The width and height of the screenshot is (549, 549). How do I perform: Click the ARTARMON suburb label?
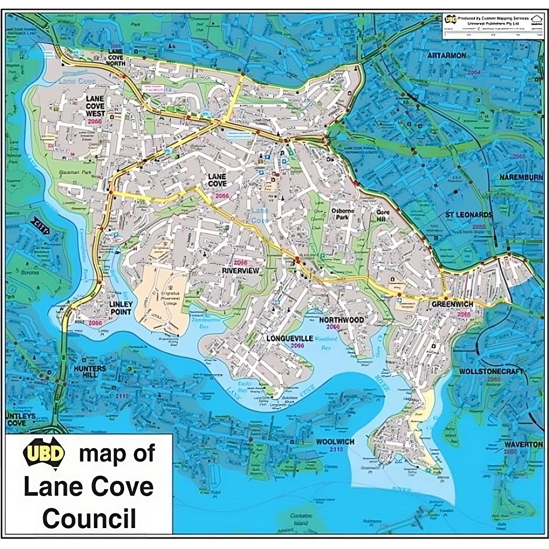click(446, 55)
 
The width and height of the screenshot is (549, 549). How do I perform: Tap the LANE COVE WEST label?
click(95, 106)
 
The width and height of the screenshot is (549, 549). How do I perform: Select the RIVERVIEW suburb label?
click(240, 270)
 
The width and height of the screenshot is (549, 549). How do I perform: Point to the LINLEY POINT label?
click(120, 308)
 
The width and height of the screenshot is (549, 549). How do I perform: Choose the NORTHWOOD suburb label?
click(341, 320)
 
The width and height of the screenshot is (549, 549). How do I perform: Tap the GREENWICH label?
click(452, 304)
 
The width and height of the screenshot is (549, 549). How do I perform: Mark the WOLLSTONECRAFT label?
click(491, 372)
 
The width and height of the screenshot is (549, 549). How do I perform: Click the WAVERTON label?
click(523, 444)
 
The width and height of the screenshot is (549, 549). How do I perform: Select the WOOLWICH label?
click(335, 442)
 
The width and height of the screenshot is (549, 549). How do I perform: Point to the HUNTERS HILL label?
click(90, 372)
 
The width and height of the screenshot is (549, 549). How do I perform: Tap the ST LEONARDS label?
click(469, 214)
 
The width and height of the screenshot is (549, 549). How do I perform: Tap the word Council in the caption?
click(89, 518)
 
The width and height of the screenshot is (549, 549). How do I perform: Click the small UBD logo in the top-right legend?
click(451, 19)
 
